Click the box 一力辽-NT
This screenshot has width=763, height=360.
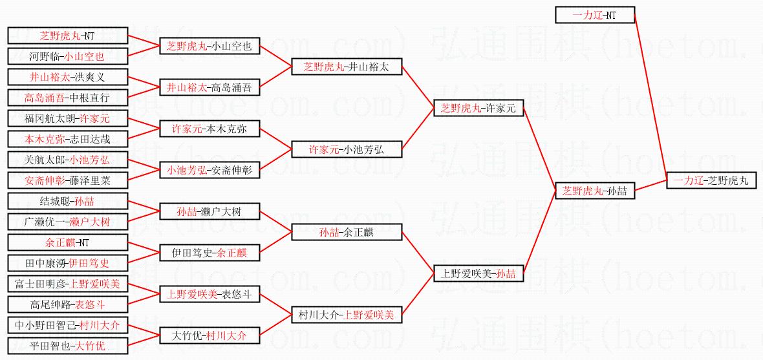595,15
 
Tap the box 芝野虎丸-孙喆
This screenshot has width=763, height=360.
595,191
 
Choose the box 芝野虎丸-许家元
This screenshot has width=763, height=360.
478,109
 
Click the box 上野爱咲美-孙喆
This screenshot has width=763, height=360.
478,273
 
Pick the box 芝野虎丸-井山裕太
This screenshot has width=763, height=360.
347,67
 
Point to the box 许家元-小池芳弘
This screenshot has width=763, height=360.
347,149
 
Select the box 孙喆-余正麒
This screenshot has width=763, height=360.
347,233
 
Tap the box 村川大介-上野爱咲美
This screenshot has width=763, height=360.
347,315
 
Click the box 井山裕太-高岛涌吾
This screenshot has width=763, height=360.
210,87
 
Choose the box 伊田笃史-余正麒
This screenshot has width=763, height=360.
210,253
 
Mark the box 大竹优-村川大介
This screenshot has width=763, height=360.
210,335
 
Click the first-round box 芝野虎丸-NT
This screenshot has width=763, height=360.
68,36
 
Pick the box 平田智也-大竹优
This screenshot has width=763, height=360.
68,346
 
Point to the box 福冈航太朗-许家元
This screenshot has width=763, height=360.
68,119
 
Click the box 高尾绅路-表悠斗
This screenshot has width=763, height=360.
68,305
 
